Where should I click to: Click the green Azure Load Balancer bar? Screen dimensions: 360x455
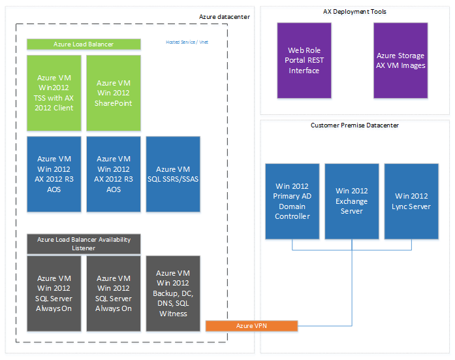84,44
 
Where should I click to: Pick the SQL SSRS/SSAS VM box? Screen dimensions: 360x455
173,174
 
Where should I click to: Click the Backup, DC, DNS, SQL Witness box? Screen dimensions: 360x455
173,293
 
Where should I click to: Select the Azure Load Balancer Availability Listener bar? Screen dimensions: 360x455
84,244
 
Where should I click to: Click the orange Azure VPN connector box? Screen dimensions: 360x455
251,325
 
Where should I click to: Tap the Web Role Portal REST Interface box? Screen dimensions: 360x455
304,60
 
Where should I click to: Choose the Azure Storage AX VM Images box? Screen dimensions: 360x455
401,60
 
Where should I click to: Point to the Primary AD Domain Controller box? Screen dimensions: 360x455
292,201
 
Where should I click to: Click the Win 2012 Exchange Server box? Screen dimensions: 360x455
352,201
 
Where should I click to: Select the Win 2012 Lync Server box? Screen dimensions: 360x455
411,201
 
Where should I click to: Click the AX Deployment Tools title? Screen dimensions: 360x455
354,12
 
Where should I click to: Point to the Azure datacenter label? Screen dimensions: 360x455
224,17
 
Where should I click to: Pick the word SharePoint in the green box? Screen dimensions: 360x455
114,103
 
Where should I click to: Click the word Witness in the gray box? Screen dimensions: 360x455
173,314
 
